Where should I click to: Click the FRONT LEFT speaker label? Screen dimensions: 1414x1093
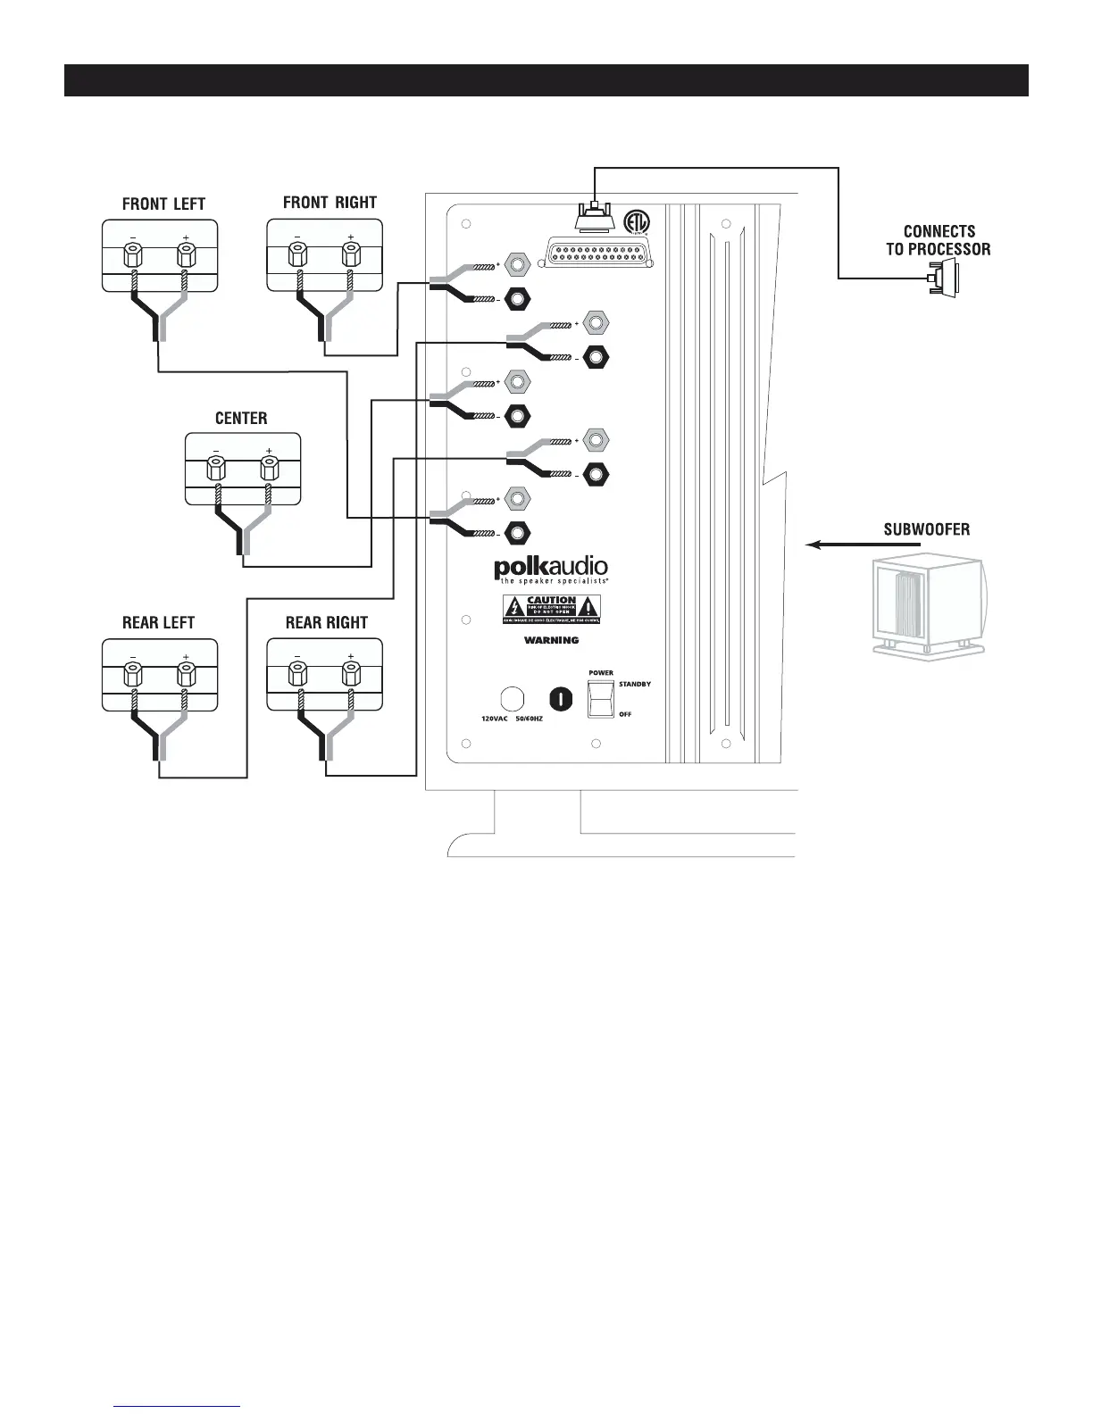[x=163, y=204]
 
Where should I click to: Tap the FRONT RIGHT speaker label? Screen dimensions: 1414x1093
[x=330, y=203]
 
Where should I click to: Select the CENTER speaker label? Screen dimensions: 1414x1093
[x=241, y=418]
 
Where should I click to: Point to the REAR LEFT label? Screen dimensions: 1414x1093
[x=158, y=622]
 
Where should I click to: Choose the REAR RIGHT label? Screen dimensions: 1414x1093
[x=326, y=622]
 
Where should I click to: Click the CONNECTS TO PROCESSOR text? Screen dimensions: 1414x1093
[x=938, y=240]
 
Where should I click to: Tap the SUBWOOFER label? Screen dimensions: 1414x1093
[x=926, y=529]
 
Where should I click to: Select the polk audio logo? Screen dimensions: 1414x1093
[x=551, y=569]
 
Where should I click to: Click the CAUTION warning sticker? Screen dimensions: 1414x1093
[x=551, y=609]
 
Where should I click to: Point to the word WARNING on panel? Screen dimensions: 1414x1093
[x=551, y=640]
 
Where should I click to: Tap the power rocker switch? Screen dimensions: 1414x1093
[x=600, y=698]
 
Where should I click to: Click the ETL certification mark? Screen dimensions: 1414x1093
[x=635, y=220]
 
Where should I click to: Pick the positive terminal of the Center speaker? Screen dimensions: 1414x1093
[x=269, y=468]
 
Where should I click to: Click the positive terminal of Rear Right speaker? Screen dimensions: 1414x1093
[x=350, y=676]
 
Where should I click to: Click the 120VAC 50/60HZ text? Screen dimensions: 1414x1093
[x=505, y=718]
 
